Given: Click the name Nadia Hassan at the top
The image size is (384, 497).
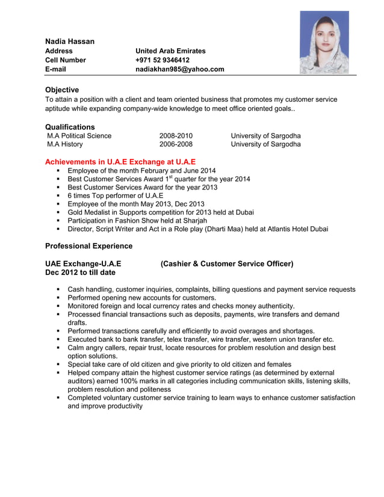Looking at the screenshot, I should pos(70,41).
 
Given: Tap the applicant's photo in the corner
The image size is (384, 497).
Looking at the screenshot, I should pos(324,42).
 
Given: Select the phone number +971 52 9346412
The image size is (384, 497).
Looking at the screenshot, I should pos(163,60).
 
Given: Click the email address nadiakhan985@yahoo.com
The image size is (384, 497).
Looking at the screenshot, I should pos(179,69).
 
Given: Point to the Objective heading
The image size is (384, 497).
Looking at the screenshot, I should pos(62,90).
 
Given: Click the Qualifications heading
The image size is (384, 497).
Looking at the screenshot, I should pos(70,127).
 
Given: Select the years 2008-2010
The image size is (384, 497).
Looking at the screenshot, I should pos(176,136).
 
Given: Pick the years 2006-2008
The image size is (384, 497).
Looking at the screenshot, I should pos(176,144).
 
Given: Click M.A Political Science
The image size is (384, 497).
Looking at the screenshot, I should pos(79,136).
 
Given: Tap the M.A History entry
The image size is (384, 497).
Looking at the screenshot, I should pos(65,144).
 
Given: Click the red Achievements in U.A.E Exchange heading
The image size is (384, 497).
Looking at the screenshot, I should pos(120,162).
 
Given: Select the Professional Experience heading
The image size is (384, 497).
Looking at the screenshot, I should pos(88,246).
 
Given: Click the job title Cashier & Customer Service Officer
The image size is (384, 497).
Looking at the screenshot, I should pos(227,264).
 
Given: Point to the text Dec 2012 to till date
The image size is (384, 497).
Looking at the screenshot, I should pos(80,273).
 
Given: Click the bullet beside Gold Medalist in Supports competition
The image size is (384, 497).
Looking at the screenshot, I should pos(58,212).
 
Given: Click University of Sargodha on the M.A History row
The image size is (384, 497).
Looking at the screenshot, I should pos(265,144).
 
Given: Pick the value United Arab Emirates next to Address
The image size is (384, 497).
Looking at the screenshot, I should pos(170,51).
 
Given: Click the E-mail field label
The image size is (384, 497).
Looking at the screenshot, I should pos(55,69).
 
